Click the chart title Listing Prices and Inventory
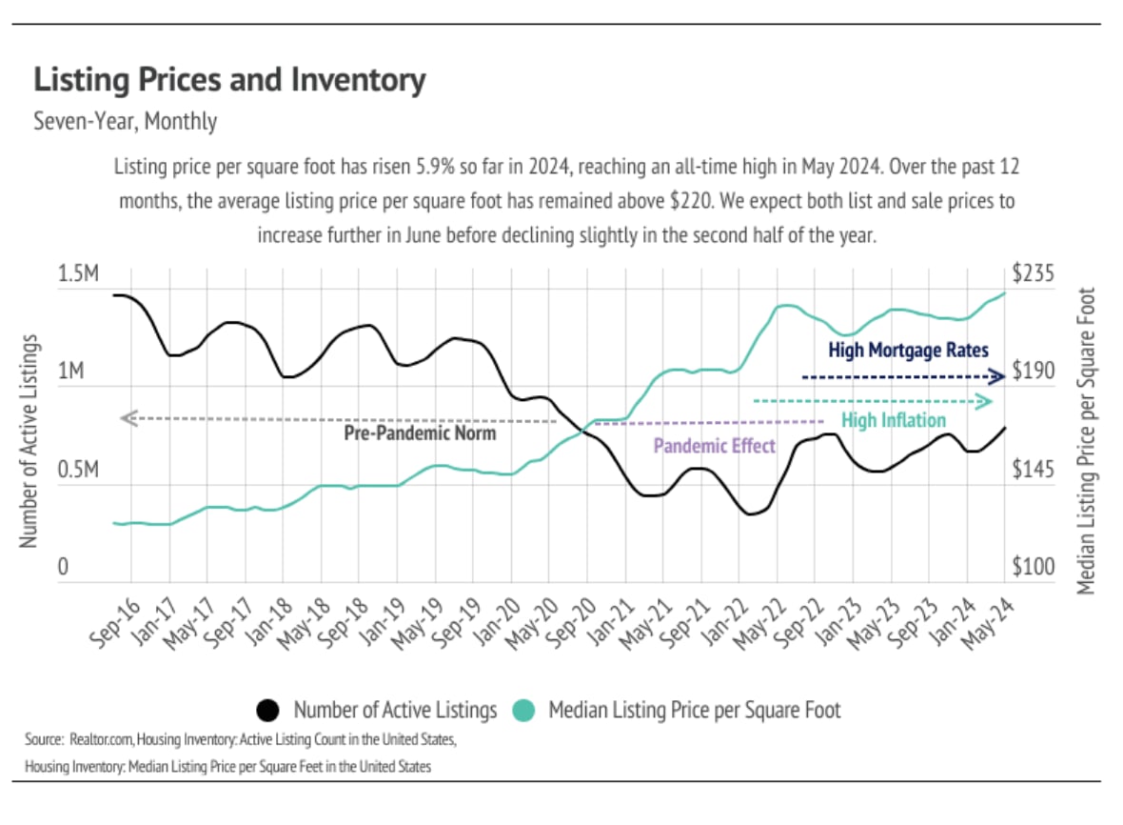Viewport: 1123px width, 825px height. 229,80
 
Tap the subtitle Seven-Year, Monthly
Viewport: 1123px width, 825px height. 125,122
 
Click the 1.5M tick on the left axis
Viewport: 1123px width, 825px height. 79,275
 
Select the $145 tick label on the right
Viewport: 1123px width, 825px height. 1033,471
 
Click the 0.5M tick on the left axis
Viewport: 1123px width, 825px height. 79,471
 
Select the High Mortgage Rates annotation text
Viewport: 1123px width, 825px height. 908,351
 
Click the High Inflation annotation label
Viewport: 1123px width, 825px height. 894,420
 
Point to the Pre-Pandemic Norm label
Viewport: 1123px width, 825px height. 420,433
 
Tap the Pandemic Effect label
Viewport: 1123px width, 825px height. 714,445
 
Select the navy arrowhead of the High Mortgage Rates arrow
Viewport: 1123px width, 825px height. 997,376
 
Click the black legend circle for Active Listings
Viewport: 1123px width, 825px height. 268,711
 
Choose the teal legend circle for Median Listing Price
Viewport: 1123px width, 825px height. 523,711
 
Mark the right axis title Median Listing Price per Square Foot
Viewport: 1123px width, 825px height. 1088,440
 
